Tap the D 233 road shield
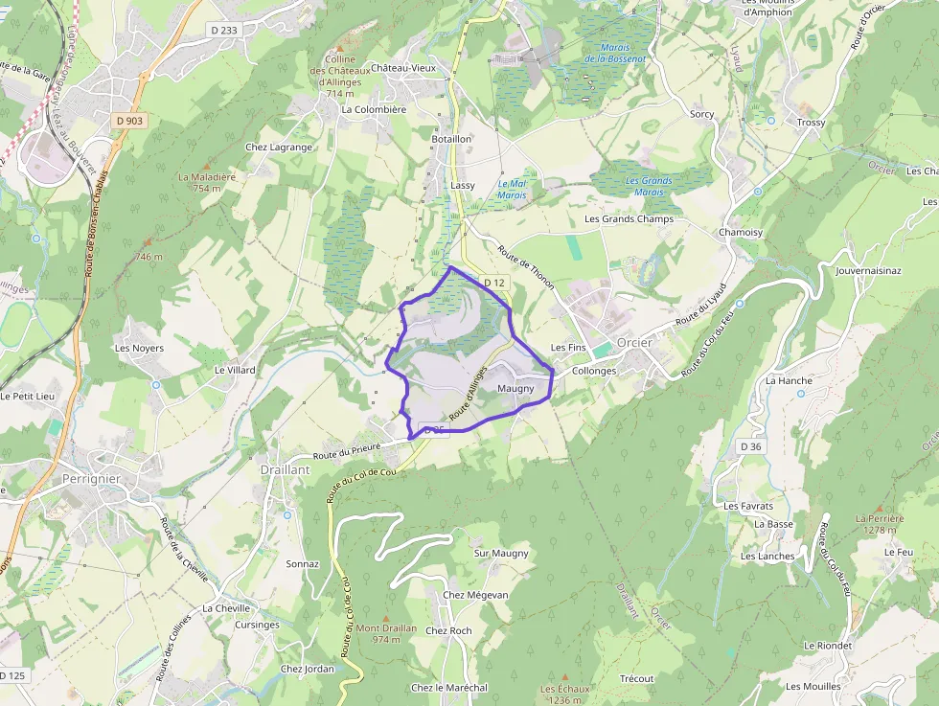click(x=223, y=31)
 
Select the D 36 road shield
click(x=750, y=446)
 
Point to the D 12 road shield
click(x=493, y=283)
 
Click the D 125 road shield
click(x=12, y=675)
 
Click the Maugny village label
click(x=515, y=388)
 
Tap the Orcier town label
click(x=635, y=343)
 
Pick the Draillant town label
click(x=284, y=470)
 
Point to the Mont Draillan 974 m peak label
click(x=386, y=633)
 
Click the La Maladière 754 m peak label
click(x=206, y=182)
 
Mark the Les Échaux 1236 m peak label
click(x=564, y=694)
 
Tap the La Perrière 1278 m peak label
click(x=879, y=523)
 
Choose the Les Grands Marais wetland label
click(x=649, y=186)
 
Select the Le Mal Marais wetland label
click(x=512, y=189)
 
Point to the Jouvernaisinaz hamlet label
click(x=868, y=271)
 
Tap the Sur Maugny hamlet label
click(x=501, y=553)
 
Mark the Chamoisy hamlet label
click(x=741, y=233)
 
